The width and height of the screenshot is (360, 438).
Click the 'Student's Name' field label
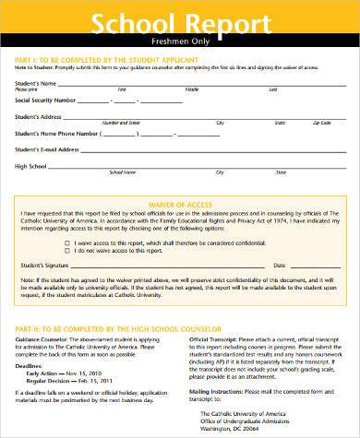(x=34, y=85)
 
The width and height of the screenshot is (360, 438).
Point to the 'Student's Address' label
(x=38, y=117)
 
